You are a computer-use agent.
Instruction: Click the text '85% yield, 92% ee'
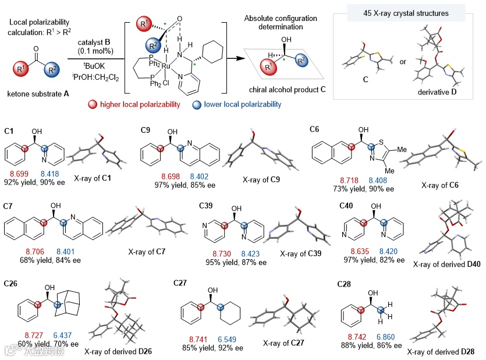point(213,349)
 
